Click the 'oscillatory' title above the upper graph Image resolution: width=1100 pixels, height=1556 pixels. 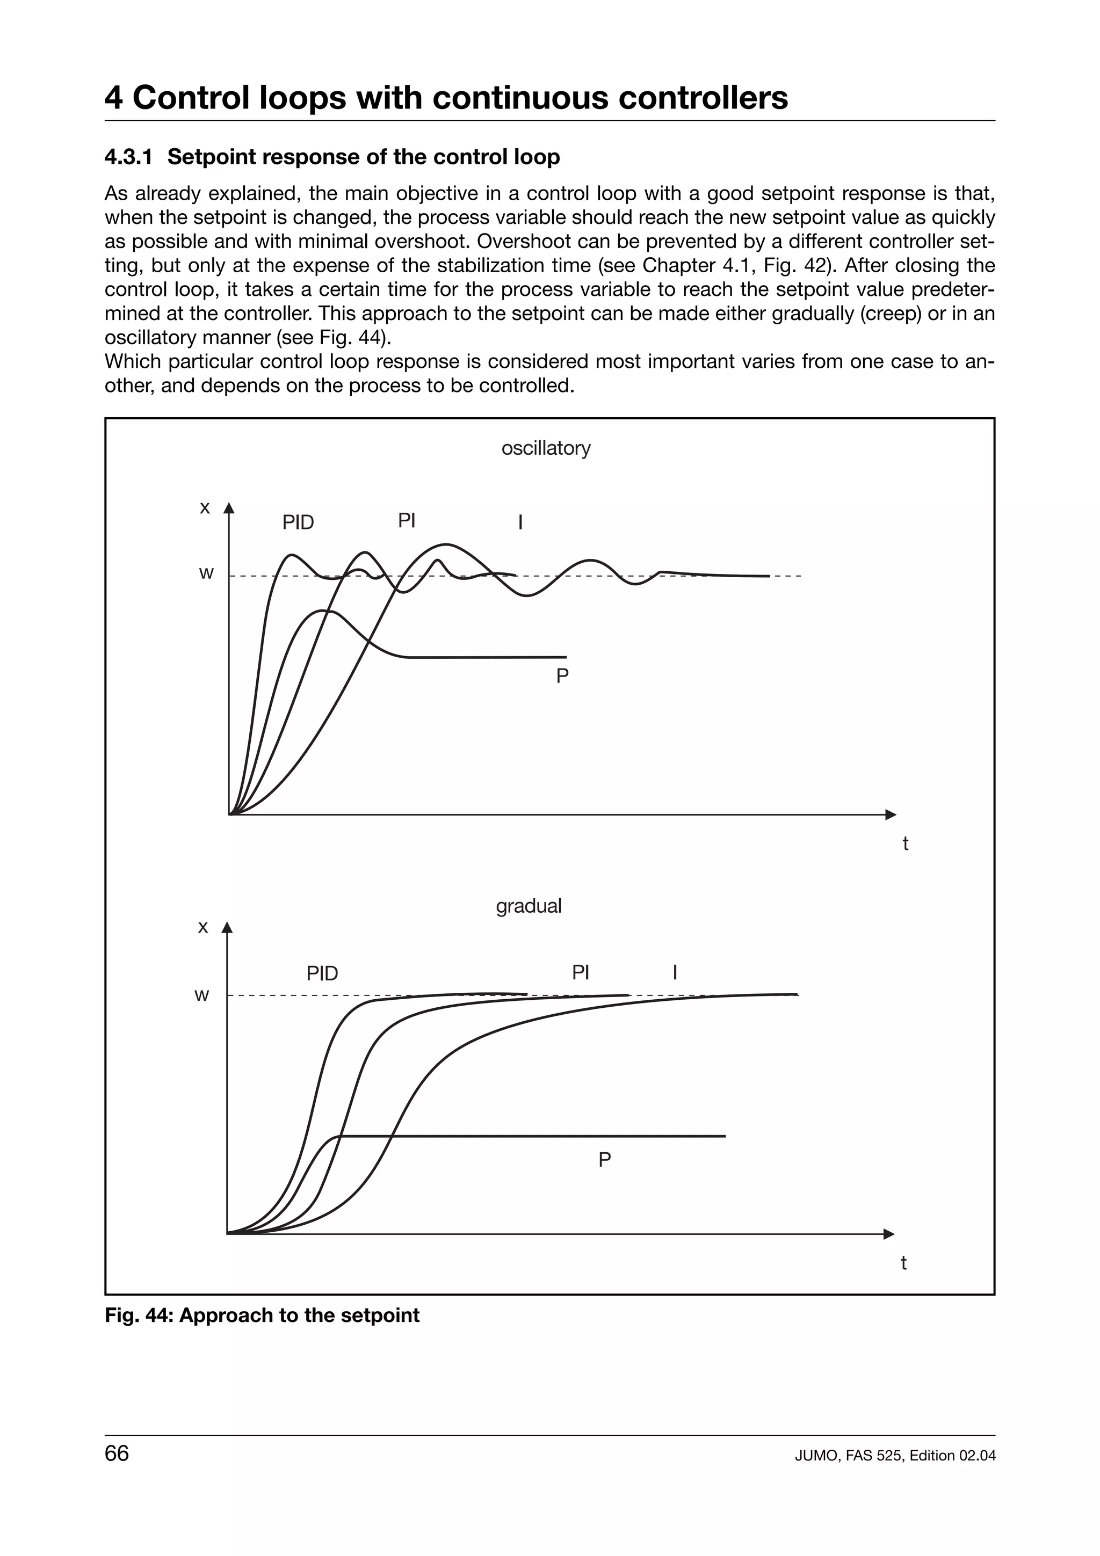click(546, 448)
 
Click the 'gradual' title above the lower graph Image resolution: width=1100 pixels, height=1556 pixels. click(529, 906)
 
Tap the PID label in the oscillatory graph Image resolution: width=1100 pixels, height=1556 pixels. click(298, 522)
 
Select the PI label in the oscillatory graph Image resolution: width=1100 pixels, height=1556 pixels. click(406, 520)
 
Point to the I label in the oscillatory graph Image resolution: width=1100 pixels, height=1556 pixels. click(520, 522)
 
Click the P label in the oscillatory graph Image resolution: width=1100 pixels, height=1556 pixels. click(562, 677)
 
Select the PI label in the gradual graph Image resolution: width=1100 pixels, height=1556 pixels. click(580, 972)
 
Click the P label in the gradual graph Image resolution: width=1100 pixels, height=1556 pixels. click(605, 1160)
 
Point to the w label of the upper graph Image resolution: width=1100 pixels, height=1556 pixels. click(206, 573)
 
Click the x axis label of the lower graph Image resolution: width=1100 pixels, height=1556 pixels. click(202, 927)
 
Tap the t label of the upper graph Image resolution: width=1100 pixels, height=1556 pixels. click(905, 844)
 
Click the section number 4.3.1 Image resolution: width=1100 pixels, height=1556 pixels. click(129, 157)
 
